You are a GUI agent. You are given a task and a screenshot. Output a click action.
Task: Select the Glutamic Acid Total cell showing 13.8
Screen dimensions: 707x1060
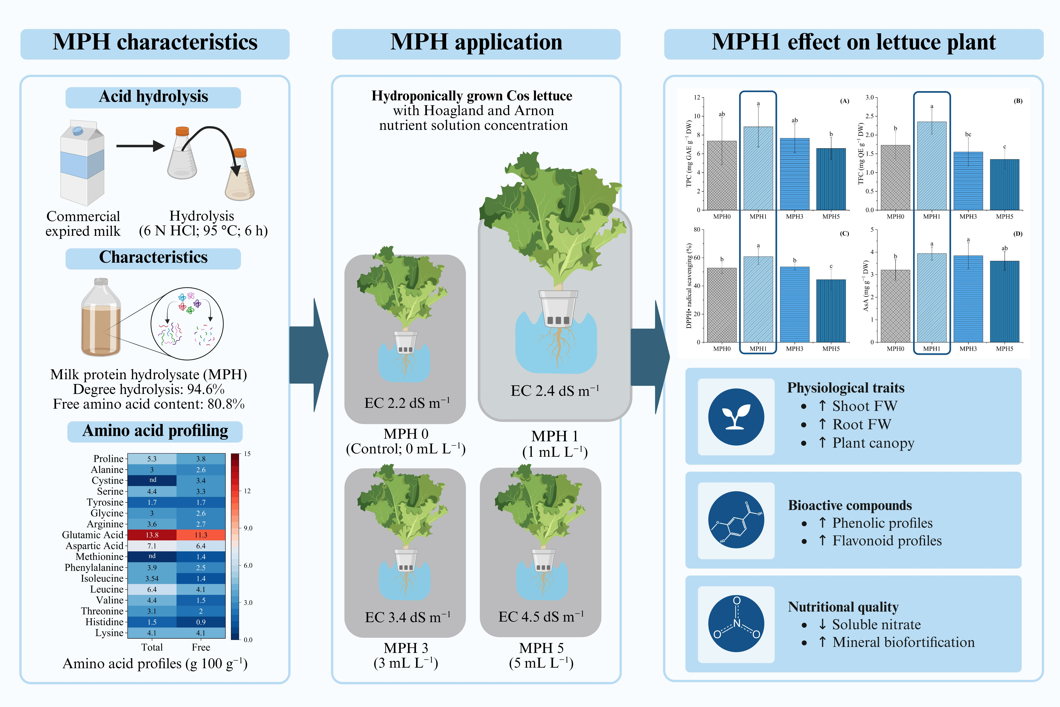click(152, 535)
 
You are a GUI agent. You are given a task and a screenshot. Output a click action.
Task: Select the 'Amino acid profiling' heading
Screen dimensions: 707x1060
click(155, 431)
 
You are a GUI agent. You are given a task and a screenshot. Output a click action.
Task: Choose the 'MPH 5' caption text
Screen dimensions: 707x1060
click(541, 648)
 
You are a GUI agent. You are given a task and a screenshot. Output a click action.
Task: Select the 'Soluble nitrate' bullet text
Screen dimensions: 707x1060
click(876, 625)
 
